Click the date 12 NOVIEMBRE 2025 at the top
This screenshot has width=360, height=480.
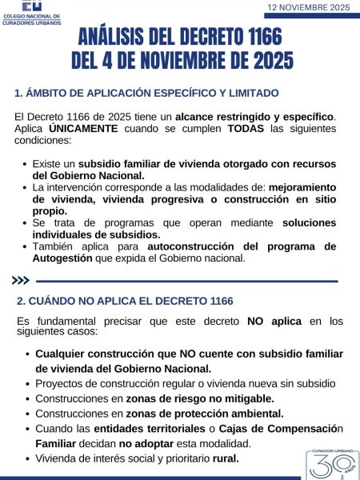[309, 7]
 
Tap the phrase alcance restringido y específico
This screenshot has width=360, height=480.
[254, 116]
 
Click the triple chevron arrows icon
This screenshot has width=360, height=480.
[22, 281]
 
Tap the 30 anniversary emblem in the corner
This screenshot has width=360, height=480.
[331, 465]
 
